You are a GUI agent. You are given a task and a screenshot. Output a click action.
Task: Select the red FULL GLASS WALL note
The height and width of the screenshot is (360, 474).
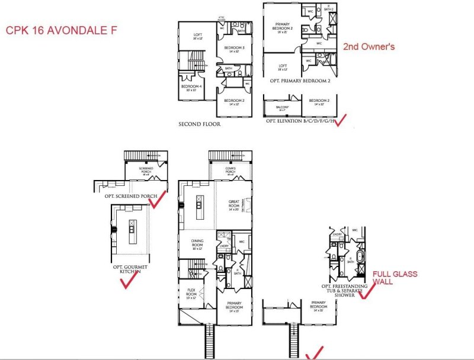(395, 278)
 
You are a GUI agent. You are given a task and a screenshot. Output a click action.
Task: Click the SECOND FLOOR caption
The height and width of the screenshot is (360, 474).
(198, 125)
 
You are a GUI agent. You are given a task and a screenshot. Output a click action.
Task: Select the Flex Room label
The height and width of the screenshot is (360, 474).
(191, 292)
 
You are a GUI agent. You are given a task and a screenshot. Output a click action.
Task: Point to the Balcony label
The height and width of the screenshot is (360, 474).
(283, 108)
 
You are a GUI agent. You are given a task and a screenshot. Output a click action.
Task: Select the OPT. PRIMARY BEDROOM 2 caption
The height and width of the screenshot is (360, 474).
(298, 80)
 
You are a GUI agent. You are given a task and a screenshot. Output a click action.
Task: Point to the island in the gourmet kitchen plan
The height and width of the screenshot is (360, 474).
(132, 227)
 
